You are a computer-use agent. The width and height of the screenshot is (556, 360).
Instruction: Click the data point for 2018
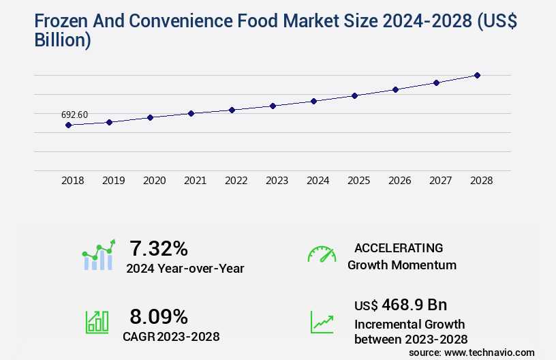click(x=68, y=125)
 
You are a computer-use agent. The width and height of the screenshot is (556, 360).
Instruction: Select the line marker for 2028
click(x=477, y=75)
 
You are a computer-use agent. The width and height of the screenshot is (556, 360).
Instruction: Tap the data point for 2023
click(x=273, y=106)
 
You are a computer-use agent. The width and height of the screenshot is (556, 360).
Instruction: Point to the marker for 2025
click(x=354, y=95)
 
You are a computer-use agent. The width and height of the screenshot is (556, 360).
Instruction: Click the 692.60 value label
click(x=74, y=115)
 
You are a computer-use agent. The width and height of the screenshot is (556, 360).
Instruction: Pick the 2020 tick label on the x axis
click(x=155, y=181)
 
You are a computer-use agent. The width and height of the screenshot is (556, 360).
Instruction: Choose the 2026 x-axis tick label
click(x=400, y=181)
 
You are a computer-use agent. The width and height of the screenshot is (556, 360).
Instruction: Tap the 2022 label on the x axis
click(x=236, y=181)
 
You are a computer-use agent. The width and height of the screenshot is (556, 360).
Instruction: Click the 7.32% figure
click(x=159, y=248)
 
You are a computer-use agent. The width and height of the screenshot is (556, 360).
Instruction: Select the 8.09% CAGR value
click(x=159, y=316)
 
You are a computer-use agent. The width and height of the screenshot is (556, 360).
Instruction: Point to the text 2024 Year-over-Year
click(x=185, y=269)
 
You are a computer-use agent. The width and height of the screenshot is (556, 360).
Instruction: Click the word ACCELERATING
click(x=399, y=248)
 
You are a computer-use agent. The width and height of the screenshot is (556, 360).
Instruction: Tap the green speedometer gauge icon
click(x=322, y=254)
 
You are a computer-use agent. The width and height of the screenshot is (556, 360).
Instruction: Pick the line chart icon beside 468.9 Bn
click(x=322, y=322)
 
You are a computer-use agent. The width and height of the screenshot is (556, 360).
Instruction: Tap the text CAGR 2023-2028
click(x=171, y=336)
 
